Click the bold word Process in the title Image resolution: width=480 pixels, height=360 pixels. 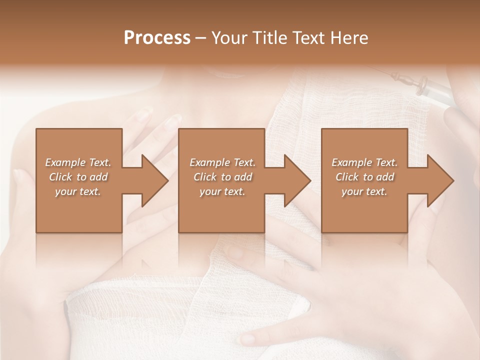[x=157, y=38]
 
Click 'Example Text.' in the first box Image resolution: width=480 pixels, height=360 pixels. [x=78, y=162]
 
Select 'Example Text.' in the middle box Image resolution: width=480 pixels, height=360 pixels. [x=222, y=162]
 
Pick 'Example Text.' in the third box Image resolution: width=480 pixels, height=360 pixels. [x=364, y=162]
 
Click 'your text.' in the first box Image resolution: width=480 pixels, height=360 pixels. [x=78, y=191]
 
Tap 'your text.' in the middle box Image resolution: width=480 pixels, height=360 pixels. [x=222, y=191]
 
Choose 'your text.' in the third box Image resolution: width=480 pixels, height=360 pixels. [x=364, y=191]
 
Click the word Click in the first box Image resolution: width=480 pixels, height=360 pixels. [x=60, y=177]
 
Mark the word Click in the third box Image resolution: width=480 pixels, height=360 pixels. [x=347, y=177]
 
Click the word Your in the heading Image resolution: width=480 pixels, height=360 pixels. [x=227, y=38]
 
